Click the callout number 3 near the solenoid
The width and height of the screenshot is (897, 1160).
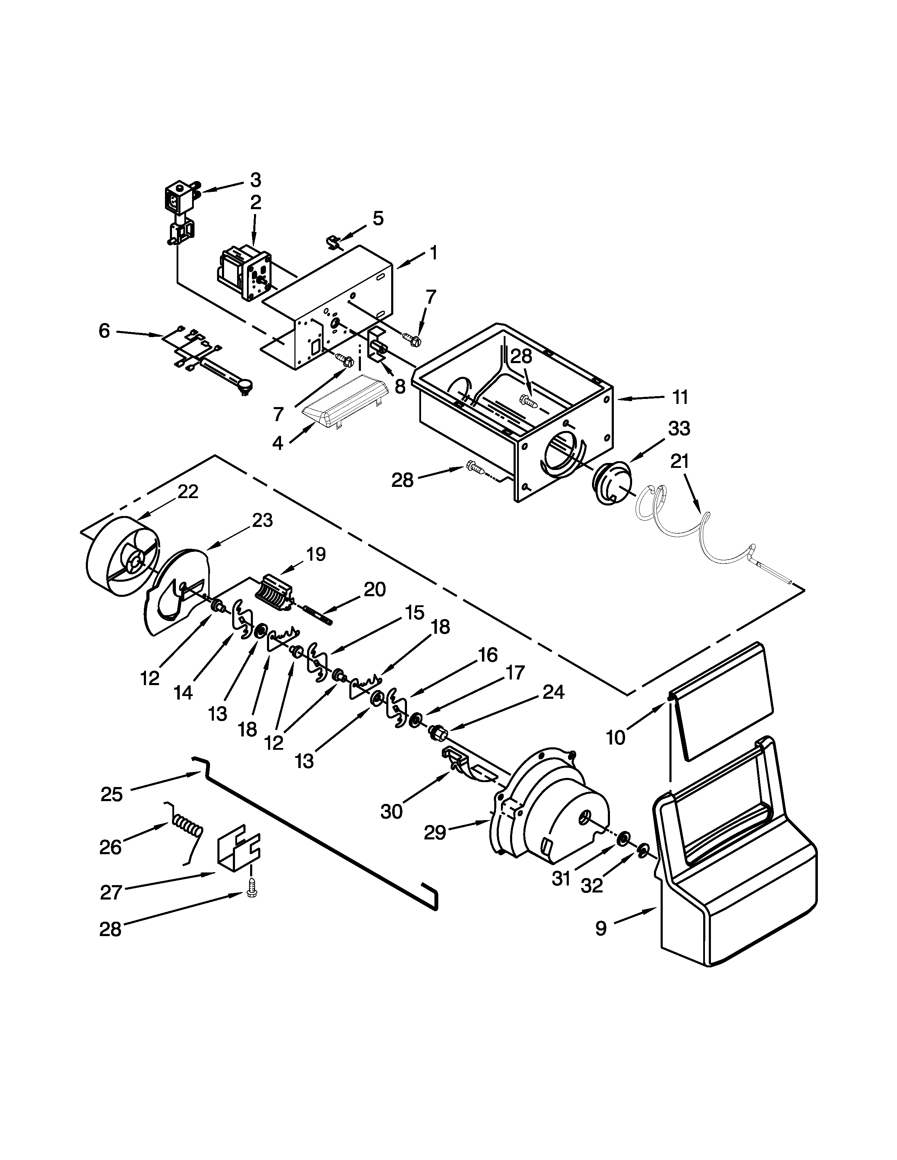point(256,181)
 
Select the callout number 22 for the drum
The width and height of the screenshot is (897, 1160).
point(187,492)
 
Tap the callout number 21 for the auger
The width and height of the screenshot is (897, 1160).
point(679,461)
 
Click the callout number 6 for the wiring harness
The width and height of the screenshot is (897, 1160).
point(104,331)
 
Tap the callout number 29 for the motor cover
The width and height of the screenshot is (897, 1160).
point(435,833)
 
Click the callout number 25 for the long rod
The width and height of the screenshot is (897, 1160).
point(112,794)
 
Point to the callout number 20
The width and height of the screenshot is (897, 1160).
point(375,589)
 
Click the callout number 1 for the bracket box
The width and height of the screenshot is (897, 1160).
point(434,253)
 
